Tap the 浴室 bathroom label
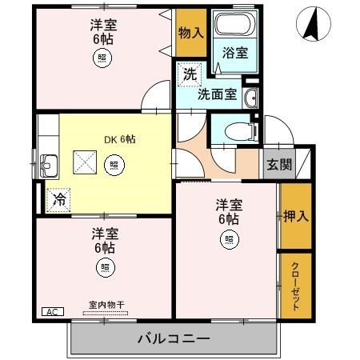click(234, 53)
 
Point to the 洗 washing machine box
click(189, 74)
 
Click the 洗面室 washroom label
click(217, 94)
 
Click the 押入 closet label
click(294, 215)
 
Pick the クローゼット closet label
click(294, 286)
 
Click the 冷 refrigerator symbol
click(58, 199)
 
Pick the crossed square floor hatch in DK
click(84, 161)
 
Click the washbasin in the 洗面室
click(250, 98)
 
